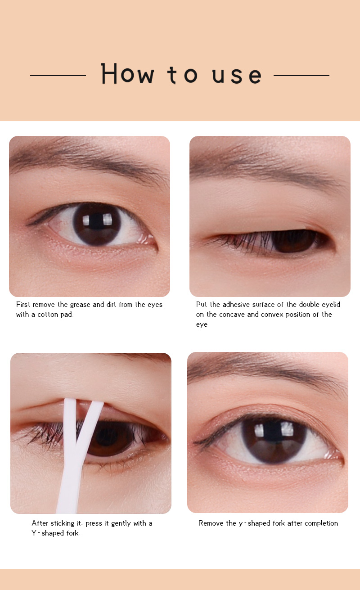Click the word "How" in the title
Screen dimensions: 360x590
click(127, 73)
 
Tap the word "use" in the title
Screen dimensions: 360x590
click(237, 76)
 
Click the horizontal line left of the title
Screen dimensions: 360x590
click(58, 75)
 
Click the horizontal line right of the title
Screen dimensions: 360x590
click(301, 75)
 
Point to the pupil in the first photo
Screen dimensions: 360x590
click(96, 222)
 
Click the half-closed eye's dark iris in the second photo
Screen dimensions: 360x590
click(294, 241)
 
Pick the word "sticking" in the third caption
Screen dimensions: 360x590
click(63, 523)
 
